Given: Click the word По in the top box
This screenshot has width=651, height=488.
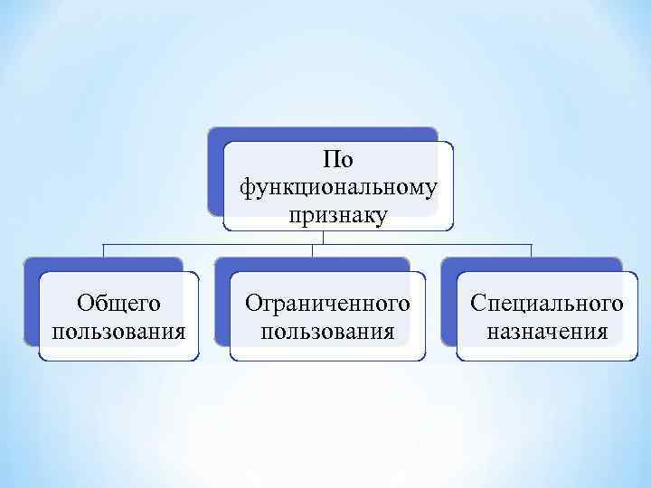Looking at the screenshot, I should [x=338, y=160].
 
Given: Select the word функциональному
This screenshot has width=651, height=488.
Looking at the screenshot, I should [x=338, y=187].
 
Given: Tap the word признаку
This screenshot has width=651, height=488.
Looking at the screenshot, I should [x=338, y=215].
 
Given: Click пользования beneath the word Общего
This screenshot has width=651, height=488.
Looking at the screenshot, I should [x=118, y=330].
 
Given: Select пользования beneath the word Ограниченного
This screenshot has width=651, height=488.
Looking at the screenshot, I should [x=327, y=330].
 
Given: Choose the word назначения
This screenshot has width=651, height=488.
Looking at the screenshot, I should [x=546, y=330].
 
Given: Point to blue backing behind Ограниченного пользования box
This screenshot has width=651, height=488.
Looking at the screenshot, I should [x=222, y=307].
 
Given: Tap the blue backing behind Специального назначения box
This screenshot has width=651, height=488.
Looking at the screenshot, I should [x=448, y=307].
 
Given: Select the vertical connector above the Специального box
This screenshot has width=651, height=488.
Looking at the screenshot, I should [x=531, y=250].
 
